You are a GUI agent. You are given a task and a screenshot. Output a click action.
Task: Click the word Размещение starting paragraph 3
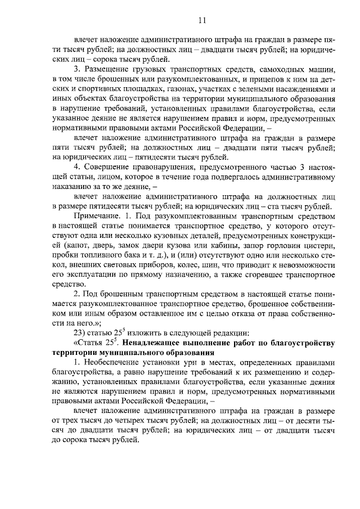click(110, 70)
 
